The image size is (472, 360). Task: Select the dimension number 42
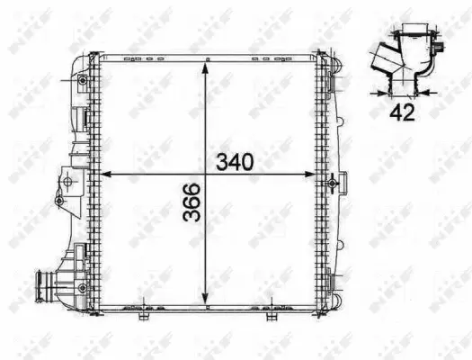coord(402,112)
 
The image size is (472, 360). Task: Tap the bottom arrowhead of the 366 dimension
coord(208,302)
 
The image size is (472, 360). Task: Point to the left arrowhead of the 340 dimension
coord(102,175)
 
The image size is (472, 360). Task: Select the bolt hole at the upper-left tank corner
coord(83,82)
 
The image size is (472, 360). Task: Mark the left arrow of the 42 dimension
coord(374,92)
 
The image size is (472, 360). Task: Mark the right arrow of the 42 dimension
coord(430,92)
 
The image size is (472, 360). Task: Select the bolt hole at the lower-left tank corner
coord(83,287)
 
